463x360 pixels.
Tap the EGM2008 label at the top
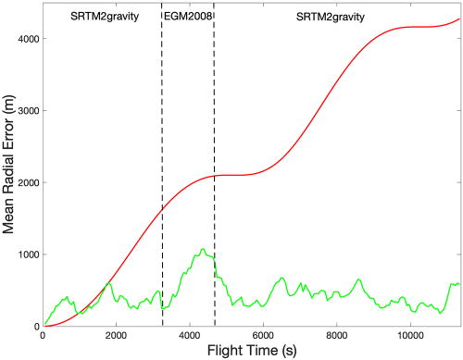pyautogui.click(x=188, y=17)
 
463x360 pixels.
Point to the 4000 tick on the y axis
pyautogui.click(x=28, y=39)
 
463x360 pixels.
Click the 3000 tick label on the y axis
pyautogui.click(x=28, y=111)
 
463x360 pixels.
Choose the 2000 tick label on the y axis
pyautogui.click(x=28, y=182)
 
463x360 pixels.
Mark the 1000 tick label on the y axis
pyautogui.click(x=28, y=254)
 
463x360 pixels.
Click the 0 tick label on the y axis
pyautogui.click(x=36, y=326)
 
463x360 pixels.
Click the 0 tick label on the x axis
pyautogui.click(x=44, y=336)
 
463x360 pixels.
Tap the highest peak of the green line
pyautogui.click(x=201, y=248)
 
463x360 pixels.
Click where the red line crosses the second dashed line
pyautogui.click(x=214, y=176)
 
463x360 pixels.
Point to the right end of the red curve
pyautogui.click(x=458, y=19)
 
